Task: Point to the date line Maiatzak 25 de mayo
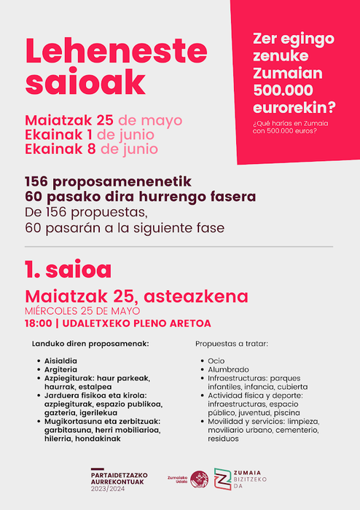103,120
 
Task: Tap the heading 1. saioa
68,270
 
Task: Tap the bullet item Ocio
216,361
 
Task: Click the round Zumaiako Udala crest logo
199,479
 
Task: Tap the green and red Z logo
224,479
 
